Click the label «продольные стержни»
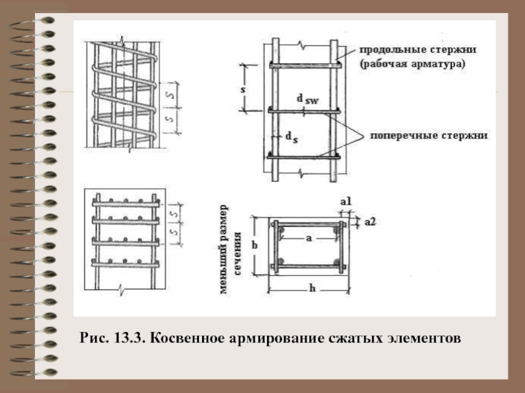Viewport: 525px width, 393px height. point(417,50)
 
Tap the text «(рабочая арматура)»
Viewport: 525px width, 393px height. point(413,64)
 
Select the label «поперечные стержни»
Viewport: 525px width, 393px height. point(429,136)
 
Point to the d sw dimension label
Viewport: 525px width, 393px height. point(308,99)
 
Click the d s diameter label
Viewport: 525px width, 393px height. point(291,137)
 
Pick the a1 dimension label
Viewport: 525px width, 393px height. point(346,202)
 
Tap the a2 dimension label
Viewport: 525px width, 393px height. point(370,221)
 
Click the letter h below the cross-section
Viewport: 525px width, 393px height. point(312,288)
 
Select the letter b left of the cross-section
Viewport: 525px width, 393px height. point(255,245)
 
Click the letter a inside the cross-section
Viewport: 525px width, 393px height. point(308,238)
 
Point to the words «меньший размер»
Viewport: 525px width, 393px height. point(224,250)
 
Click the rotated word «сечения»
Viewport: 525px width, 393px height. point(238,253)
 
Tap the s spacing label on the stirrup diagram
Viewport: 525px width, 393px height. point(243,89)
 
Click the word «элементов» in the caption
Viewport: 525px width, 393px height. point(423,339)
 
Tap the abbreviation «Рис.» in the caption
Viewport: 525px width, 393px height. point(94,338)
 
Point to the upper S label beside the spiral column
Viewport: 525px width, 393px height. point(171,95)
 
